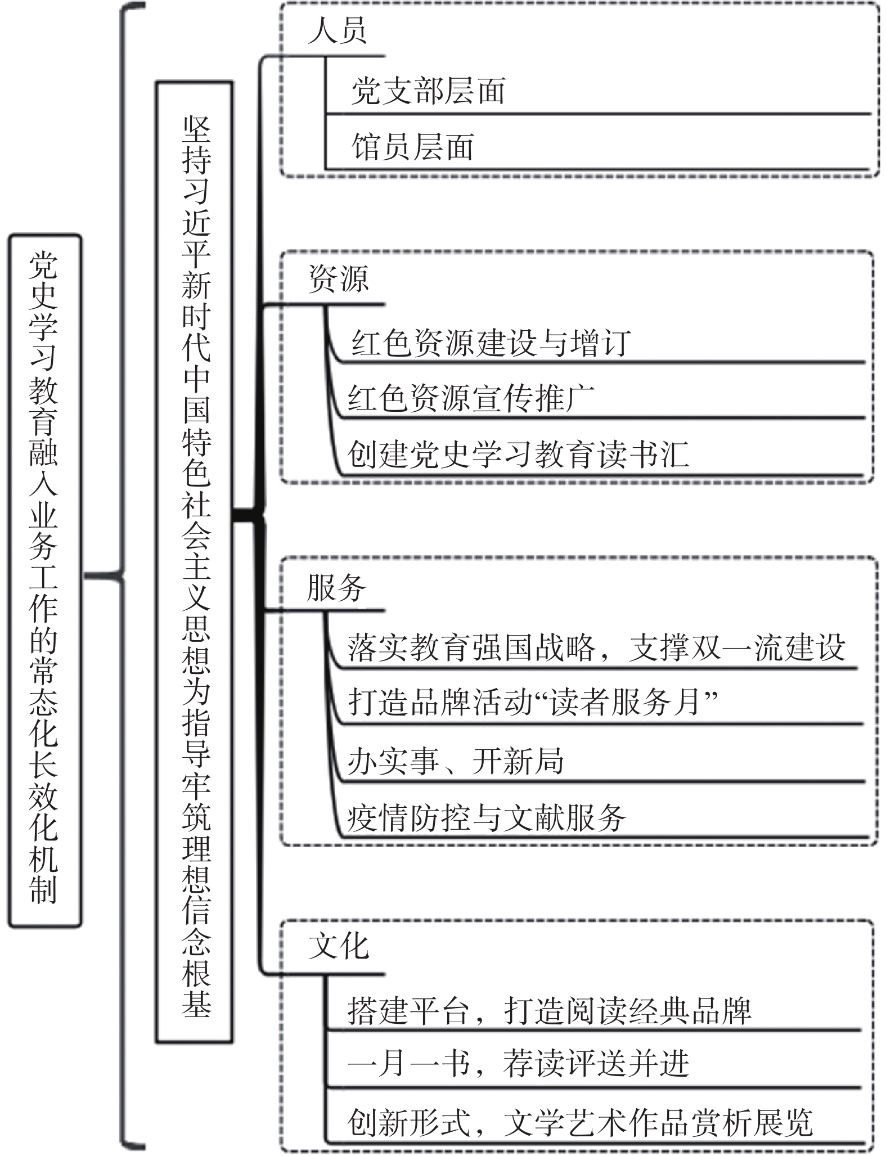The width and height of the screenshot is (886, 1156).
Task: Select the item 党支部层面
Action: (x=428, y=91)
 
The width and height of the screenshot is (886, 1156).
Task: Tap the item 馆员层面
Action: (x=412, y=147)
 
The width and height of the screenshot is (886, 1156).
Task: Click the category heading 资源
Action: (x=338, y=278)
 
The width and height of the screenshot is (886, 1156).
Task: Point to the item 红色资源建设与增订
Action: (x=491, y=343)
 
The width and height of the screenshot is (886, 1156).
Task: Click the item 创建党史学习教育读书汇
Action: (x=518, y=454)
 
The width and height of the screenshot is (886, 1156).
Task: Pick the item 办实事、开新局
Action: (x=456, y=761)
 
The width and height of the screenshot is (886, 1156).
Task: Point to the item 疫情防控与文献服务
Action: (x=486, y=817)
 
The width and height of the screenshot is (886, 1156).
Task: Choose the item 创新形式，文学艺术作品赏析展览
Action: (x=580, y=1123)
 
